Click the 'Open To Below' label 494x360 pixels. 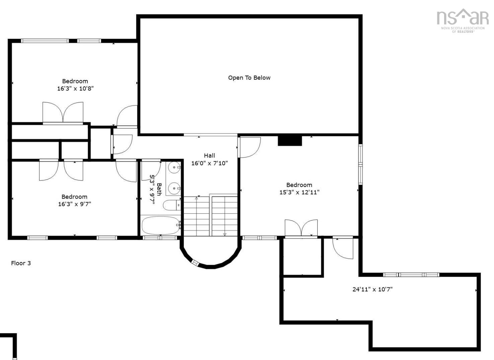pos(249,78)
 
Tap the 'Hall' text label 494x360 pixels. pos(210,156)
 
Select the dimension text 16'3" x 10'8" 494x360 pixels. pos(75,89)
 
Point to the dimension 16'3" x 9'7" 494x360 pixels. pos(75,204)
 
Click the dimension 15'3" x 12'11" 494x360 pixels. pos(299,192)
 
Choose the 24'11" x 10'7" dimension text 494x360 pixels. pos(372,289)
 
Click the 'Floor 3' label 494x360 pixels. pos(21,263)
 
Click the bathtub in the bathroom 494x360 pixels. pos(160,226)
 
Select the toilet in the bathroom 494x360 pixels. pos(171,205)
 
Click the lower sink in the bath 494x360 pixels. pos(174,188)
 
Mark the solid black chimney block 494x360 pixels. pos(290,141)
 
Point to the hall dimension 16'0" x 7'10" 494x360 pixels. pos(210,163)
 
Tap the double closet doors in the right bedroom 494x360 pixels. pos(301,228)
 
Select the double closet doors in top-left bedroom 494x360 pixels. pos(63,113)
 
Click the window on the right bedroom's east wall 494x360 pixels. pos(360,164)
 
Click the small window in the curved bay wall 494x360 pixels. pos(195,263)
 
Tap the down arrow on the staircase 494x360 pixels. pos(225,234)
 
